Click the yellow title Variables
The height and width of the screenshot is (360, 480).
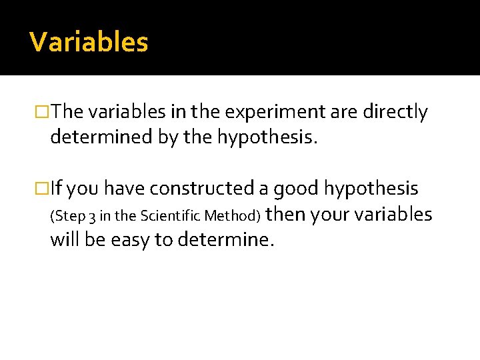(x=89, y=42)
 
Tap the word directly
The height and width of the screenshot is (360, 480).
(x=395, y=112)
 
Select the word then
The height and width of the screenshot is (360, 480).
(x=286, y=214)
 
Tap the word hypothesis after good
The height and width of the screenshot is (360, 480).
(x=371, y=189)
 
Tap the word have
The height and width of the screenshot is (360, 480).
(x=125, y=189)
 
